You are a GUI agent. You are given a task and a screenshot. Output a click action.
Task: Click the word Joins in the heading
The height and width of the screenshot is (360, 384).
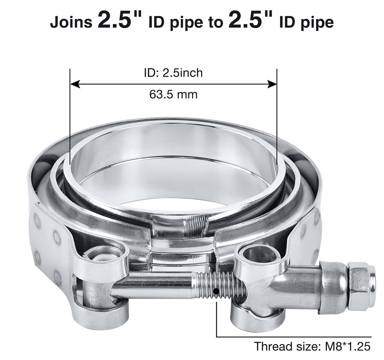tap(71, 22)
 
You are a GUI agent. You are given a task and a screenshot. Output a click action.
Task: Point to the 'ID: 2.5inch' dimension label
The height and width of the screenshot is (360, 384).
tap(173, 73)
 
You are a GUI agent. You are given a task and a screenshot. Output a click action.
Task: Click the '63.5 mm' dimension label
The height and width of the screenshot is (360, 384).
tap(173, 95)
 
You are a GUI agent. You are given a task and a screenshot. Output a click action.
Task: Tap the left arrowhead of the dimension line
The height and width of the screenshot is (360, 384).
tap(75, 84)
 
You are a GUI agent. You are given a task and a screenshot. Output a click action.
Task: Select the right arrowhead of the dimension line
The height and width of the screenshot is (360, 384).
tap(272, 84)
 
